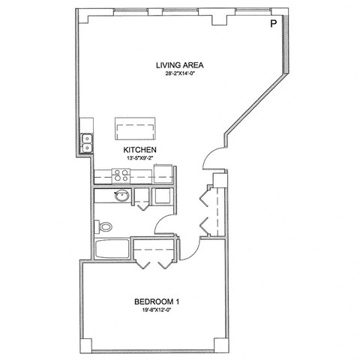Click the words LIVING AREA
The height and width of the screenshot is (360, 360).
[x=180, y=64]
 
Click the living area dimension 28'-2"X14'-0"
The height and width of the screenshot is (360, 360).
[x=180, y=74]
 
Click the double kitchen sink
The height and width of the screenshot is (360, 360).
[x=88, y=142]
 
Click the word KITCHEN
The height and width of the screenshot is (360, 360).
[x=139, y=151]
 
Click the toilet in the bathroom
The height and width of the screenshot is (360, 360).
[x=106, y=225]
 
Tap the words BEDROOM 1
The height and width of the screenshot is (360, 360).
[x=157, y=302]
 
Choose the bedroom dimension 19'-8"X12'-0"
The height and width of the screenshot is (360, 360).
[x=157, y=312]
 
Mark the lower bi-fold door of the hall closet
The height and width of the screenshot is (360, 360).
[x=205, y=225]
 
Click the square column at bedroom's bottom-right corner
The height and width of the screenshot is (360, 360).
[x=219, y=343]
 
